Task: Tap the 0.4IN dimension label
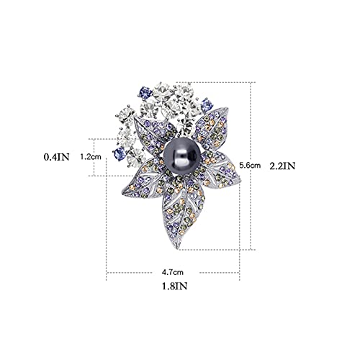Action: [57, 157]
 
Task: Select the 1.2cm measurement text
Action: [91, 157]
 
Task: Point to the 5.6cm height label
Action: [250, 165]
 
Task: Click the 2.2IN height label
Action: [282, 166]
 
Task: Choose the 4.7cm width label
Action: [173, 272]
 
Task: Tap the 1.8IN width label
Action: [175, 286]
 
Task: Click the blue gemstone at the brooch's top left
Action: [145, 93]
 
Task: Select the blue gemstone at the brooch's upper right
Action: [207, 105]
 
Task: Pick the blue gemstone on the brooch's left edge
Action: [120, 153]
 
